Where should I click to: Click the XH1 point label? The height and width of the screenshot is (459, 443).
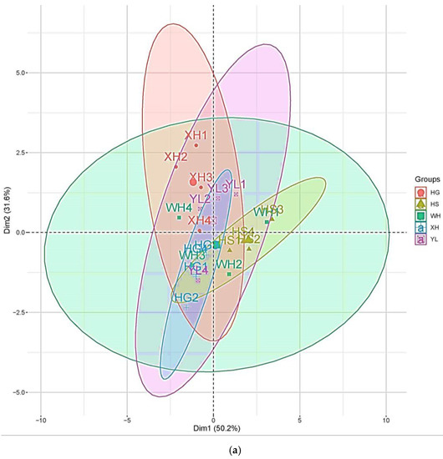click(196, 134)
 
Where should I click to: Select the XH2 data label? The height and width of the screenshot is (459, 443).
click(176, 156)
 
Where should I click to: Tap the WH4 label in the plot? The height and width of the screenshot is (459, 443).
click(179, 208)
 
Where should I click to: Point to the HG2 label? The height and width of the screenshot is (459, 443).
click(186, 297)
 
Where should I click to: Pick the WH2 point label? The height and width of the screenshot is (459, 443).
click(229, 265)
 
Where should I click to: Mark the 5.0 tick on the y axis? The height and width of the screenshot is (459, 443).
click(20, 73)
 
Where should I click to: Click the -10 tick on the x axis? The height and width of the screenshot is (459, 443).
click(40, 418)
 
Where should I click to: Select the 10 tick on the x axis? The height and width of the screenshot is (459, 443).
click(386, 418)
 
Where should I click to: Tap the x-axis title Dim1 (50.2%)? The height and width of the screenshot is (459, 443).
click(213, 429)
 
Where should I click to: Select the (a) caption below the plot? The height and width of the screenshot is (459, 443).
click(221, 449)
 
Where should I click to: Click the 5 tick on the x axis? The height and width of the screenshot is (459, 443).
click(300, 418)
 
